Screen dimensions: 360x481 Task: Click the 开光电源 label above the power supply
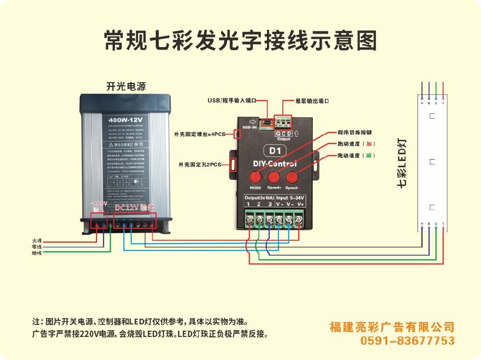pos(126,87)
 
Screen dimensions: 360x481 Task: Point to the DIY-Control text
pos(275,164)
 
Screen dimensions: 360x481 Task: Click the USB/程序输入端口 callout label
pos(229,101)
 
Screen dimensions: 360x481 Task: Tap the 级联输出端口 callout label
pos(312,101)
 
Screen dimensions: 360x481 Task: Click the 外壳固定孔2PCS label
pos(200,165)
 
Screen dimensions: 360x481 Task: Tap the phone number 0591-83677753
pos(407,341)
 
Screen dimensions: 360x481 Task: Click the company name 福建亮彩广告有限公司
pos(392,327)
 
